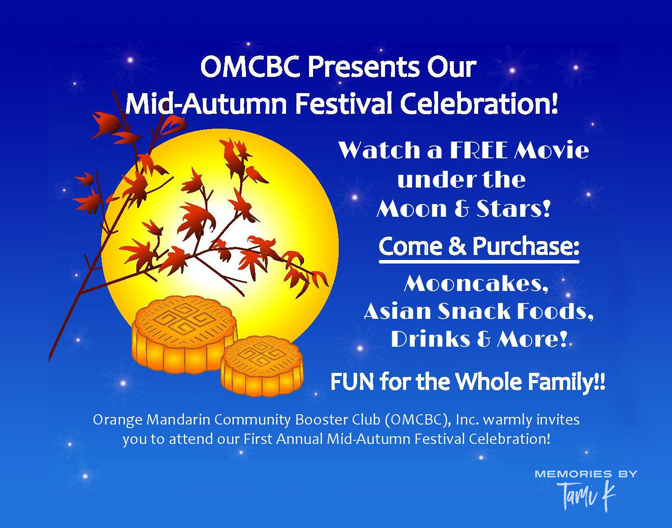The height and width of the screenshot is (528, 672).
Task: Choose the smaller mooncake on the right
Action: [x=262, y=365]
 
